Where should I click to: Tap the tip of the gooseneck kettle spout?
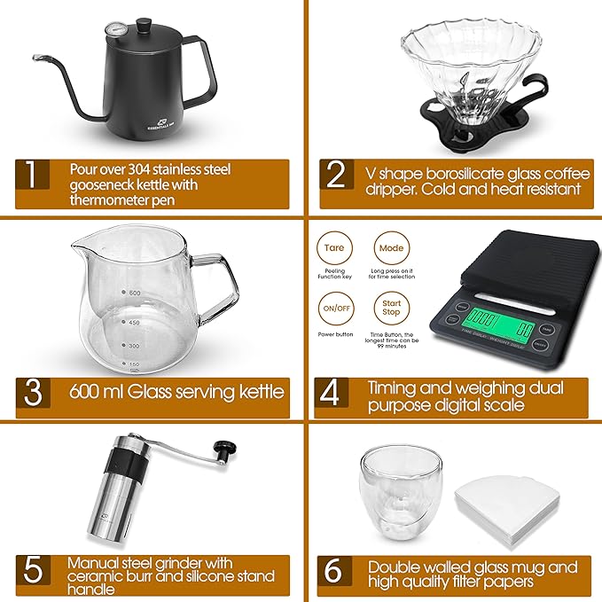coord(34,57)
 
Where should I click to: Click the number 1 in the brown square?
coord(32,176)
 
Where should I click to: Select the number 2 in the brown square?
coord(335,175)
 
